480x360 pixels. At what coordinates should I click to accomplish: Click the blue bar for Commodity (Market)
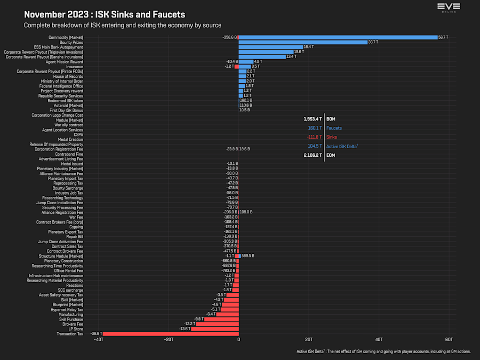(x=338, y=37)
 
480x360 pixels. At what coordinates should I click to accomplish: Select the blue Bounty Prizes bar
(x=303, y=42)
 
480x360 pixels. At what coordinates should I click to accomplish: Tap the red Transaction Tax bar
(x=170, y=334)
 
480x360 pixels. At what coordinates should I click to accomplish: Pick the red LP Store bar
(x=214, y=329)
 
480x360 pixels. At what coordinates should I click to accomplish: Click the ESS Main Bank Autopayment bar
(x=270, y=47)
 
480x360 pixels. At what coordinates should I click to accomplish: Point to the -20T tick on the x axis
(x=169, y=340)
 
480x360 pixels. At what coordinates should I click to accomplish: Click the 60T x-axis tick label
(x=449, y=340)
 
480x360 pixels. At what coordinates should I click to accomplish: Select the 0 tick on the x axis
(x=238, y=340)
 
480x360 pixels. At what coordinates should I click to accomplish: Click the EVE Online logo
(x=449, y=7)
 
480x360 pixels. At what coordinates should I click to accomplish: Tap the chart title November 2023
(x=105, y=15)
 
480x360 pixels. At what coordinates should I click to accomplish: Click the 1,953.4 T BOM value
(x=313, y=119)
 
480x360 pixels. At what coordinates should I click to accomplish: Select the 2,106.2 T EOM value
(x=313, y=155)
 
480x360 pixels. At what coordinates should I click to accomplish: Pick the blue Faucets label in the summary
(x=334, y=128)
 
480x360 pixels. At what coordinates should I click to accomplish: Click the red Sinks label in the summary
(x=331, y=137)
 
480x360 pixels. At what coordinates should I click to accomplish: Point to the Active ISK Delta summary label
(x=342, y=146)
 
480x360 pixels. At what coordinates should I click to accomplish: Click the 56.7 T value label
(x=443, y=37)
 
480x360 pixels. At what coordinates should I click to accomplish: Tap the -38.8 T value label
(x=96, y=334)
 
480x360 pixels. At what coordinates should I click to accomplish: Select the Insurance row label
(x=74, y=67)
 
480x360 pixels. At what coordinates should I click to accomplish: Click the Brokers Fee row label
(x=73, y=324)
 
